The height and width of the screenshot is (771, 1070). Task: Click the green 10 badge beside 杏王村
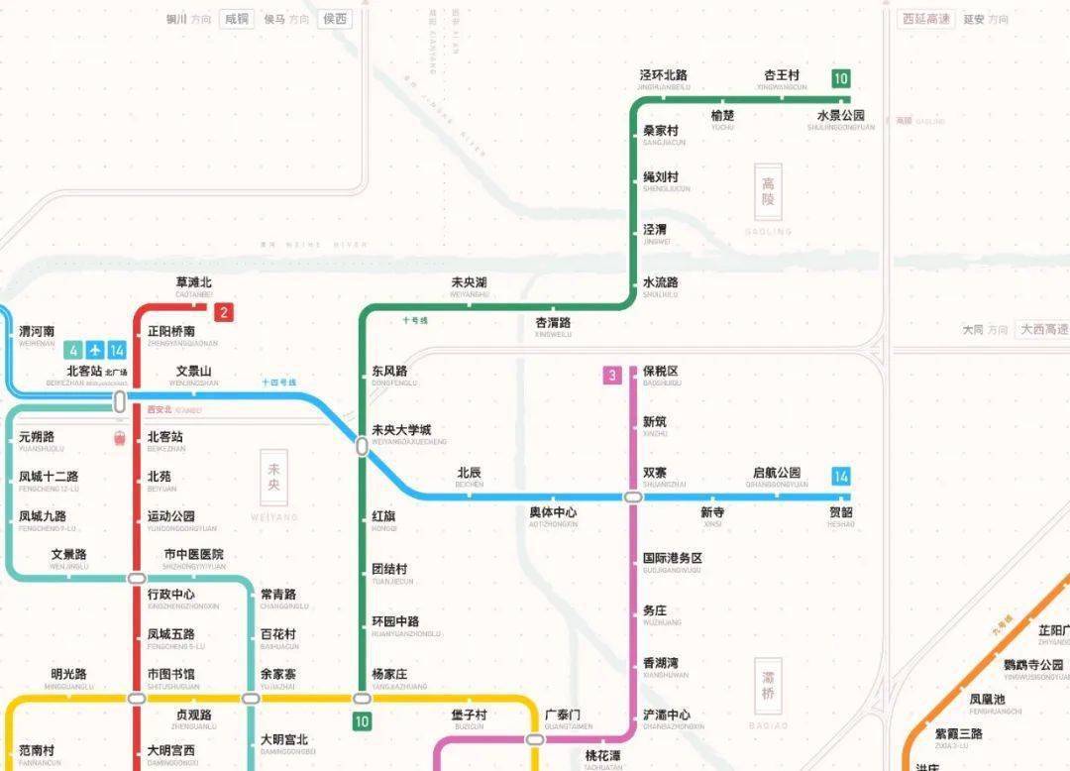point(841,78)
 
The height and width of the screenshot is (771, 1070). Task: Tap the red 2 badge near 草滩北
point(225,313)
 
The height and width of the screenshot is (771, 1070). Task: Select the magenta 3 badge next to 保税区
point(613,375)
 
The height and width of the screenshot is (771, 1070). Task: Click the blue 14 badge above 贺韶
point(841,476)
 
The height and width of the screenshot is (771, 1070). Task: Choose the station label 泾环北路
point(664,75)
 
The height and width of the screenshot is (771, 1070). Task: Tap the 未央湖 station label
point(469,283)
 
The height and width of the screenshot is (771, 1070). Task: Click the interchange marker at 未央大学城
point(363,447)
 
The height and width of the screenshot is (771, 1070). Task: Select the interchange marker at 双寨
point(632,496)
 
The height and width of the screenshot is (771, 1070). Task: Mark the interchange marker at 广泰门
point(535,739)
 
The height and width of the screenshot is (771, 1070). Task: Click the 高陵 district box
point(768,191)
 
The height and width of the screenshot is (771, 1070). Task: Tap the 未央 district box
point(274,478)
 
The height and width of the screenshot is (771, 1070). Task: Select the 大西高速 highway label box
point(1044,329)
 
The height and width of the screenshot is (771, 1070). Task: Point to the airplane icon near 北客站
point(95,350)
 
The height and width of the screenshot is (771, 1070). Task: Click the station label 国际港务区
point(673,559)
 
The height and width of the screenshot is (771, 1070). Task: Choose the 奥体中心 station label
point(553,512)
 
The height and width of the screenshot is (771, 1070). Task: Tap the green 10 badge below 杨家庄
point(362,721)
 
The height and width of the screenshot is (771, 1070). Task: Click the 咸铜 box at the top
point(237,19)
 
